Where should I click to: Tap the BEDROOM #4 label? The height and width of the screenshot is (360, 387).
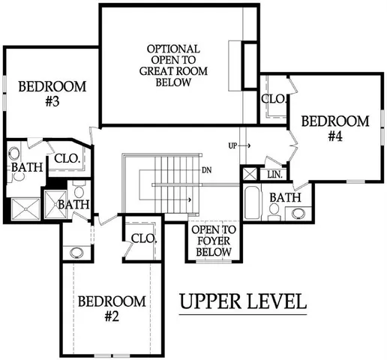tap(334, 128)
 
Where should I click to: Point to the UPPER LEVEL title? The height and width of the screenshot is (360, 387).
tap(243, 302)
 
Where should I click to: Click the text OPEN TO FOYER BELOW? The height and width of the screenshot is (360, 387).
tap(214, 241)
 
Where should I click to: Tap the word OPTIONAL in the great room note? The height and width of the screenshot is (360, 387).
tap(173, 49)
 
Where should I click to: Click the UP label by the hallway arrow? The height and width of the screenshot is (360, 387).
tap(233, 145)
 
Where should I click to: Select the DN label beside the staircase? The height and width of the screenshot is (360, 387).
tap(206, 169)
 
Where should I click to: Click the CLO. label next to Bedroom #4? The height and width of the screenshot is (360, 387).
tap(271, 99)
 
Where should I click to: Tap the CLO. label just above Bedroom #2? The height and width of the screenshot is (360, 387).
tap(142, 239)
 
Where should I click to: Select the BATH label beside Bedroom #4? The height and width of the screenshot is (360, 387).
tap(285, 197)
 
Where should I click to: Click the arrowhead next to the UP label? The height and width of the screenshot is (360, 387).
tap(248, 145)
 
